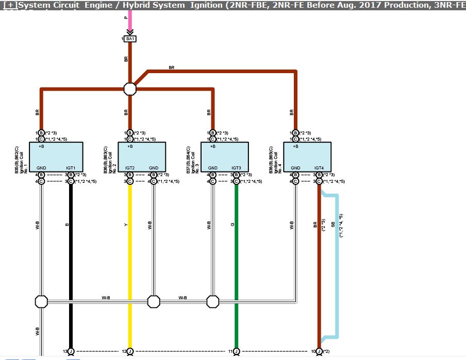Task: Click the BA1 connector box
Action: click(x=130, y=39)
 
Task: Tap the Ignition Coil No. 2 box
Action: click(x=142, y=157)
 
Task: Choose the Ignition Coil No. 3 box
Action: click(x=224, y=157)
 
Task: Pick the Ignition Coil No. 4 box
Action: click(x=307, y=157)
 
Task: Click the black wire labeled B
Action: click(x=71, y=258)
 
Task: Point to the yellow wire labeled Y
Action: click(x=130, y=258)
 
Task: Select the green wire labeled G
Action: click(x=236, y=258)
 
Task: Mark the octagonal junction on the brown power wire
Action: click(x=130, y=89)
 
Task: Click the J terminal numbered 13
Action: click(x=71, y=351)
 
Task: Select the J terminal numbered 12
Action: click(x=130, y=351)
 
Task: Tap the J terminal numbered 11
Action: click(x=236, y=351)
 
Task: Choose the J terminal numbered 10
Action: click(x=319, y=351)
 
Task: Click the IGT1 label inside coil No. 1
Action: click(x=71, y=168)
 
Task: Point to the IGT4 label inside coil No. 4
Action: click(x=319, y=168)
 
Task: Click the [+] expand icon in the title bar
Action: click(x=9, y=5)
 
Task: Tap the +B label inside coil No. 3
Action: click(x=212, y=146)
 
